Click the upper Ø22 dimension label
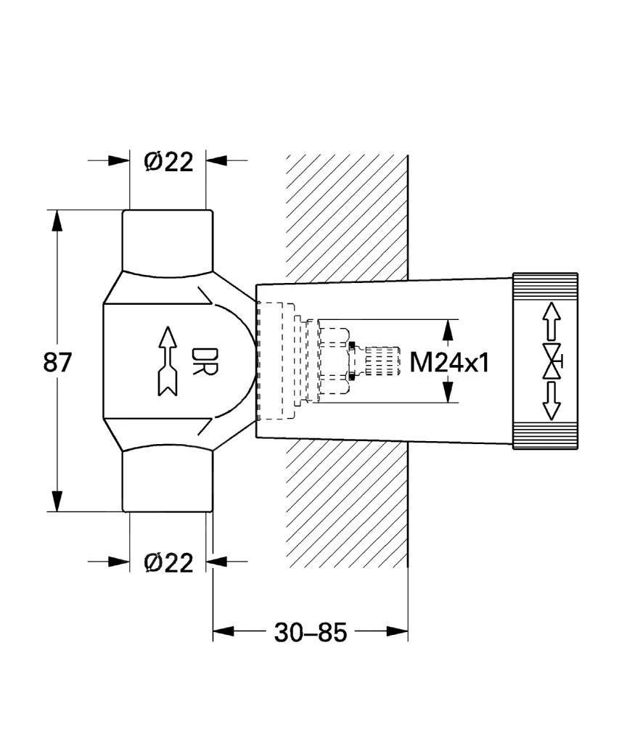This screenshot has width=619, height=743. coord(168,162)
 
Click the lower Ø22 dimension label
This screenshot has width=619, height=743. coord(168,562)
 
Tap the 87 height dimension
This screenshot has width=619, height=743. coord(58,361)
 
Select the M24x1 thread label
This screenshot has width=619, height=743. coord(449,362)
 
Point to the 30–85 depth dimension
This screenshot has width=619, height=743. coord(311,633)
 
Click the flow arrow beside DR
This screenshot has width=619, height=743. coord(166,361)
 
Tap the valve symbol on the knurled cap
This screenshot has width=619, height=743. coord(553,361)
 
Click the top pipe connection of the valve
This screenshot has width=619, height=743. coord(168,239)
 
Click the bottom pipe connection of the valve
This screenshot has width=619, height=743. coord(168,480)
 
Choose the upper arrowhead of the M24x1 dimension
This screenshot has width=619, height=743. coord(449,329)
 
